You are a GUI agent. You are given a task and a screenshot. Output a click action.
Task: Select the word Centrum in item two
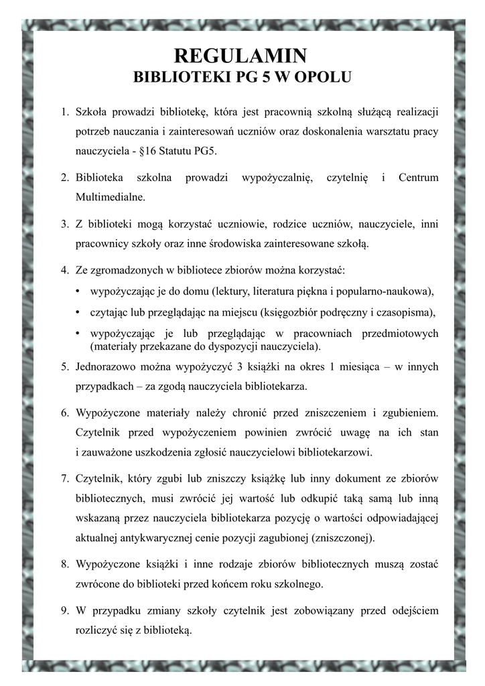coord(418,178)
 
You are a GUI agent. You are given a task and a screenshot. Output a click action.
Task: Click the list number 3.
coord(64,224)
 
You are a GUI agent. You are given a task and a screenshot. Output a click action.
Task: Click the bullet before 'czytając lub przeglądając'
coord(79,312)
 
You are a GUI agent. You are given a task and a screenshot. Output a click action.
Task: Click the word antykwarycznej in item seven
coord(155,538)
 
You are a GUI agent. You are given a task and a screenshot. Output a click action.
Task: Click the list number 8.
coord(64,563)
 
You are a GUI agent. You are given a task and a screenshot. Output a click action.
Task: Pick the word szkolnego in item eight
coord(295,584)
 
